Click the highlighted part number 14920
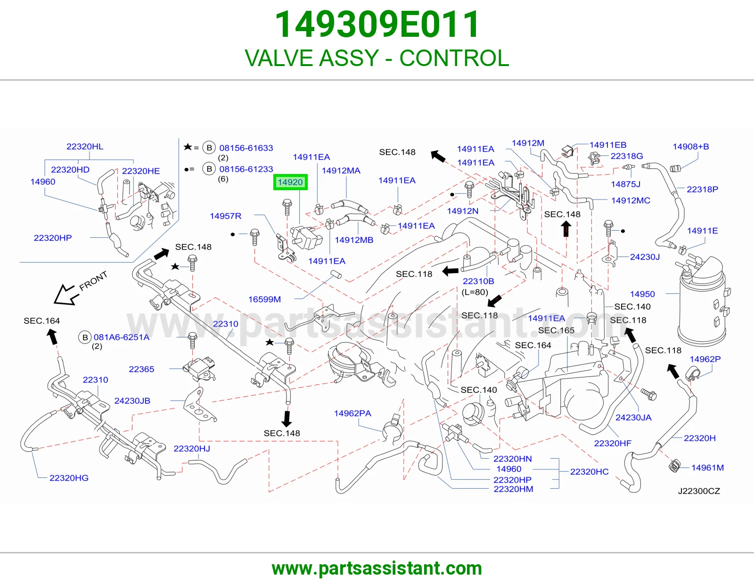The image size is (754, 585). [x=290, y=182]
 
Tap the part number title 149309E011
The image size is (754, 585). [x=377, y=24]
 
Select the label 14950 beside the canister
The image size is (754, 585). [x=642, y=294]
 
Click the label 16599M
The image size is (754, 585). [x=264, y=299]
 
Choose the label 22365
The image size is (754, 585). [x=141, y=369]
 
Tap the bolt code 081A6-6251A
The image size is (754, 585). [x=122, y=337]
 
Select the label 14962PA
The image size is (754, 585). [x=352, y=413]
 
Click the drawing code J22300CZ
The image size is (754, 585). [x=699, y=491]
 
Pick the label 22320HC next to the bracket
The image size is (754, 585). [x=589, y=471]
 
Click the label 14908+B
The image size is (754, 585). [x=690, y=146]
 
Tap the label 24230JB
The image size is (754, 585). [x=132, y=401]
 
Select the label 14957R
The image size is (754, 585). [x=226, y=216]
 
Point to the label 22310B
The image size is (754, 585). [x=478, y=281]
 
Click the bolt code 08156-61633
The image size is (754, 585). [x=246, y=148]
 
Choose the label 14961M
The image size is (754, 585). [x=707, y=468]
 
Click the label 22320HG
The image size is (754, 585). [x=69, y=477]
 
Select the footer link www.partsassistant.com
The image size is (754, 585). [x=377, y=568]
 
